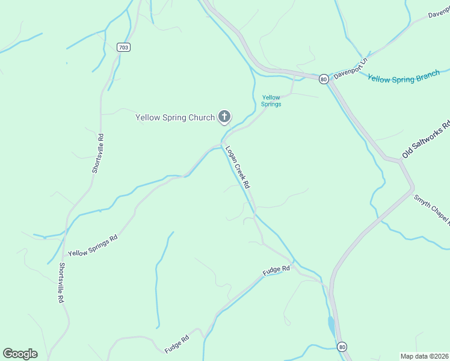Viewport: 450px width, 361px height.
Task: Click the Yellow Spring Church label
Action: [x=175, y=117]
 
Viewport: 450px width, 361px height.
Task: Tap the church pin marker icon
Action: [x=224, y=117]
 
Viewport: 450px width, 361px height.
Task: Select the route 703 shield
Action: [x=123, y=47]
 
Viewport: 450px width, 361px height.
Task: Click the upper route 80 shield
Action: [x=324, y=79]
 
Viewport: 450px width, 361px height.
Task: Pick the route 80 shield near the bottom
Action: [x=342, y=347]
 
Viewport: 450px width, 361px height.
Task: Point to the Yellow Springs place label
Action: [x=271, y=100]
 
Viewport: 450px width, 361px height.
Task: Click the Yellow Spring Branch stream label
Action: [x=404, y=77]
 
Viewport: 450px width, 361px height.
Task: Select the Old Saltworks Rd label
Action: [x=426, y=140]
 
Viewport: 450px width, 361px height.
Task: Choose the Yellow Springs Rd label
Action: [x=93, y=245]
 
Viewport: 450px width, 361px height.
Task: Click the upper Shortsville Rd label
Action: [x=98, y=153]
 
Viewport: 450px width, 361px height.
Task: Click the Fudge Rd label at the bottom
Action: [x=177, y=344]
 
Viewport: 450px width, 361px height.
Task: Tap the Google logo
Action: [x=20, y=354]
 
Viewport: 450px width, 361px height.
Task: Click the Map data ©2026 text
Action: [x=425, y=356]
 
